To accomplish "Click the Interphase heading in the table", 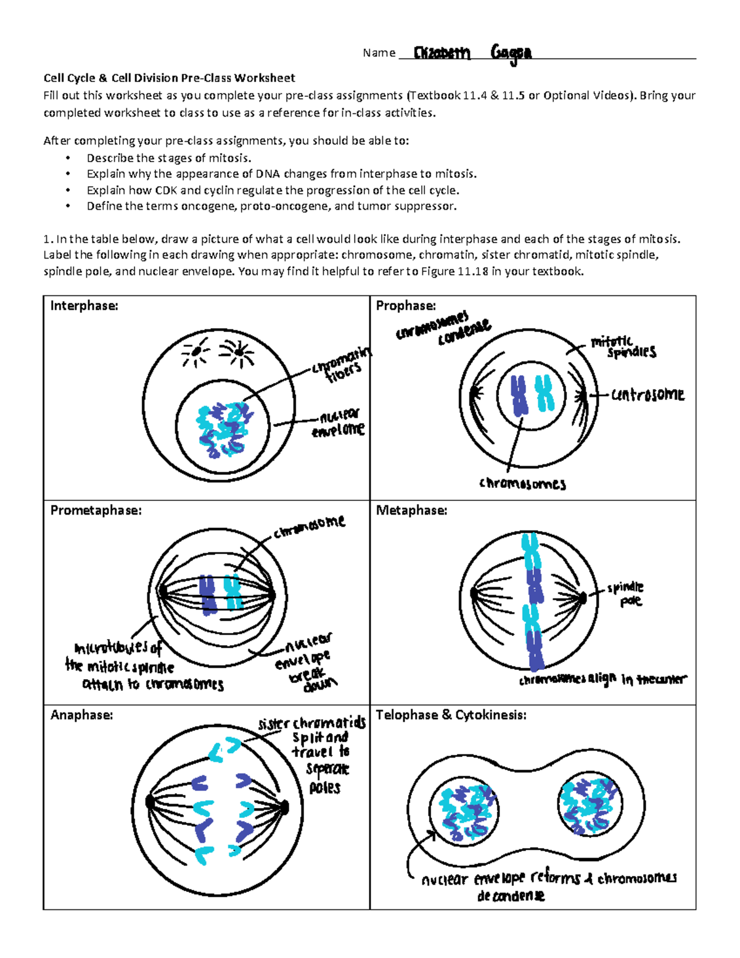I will coord(84,306).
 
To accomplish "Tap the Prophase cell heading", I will coord(406,306).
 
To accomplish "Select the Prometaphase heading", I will coord(96,511).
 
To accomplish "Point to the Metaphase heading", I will coord(411,511).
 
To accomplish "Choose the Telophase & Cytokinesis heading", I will coord(451,715).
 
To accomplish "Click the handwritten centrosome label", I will coord(647,395).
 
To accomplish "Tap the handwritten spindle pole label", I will coord(626,594).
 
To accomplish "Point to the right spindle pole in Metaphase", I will coord(582,597).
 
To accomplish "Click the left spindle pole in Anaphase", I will coord(150,802).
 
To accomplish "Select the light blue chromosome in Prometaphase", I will coord(232,592).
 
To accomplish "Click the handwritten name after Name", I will coord(472,53).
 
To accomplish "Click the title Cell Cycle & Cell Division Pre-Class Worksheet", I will coord(169,78).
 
